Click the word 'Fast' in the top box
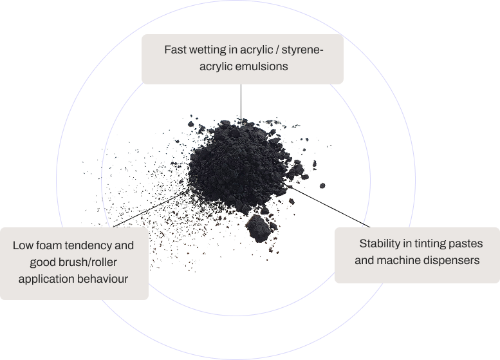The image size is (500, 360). pos(176,50)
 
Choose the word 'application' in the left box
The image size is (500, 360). pos(46,279)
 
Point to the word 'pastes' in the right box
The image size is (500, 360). pos(464,244)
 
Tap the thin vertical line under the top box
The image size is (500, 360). pos(241,100)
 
